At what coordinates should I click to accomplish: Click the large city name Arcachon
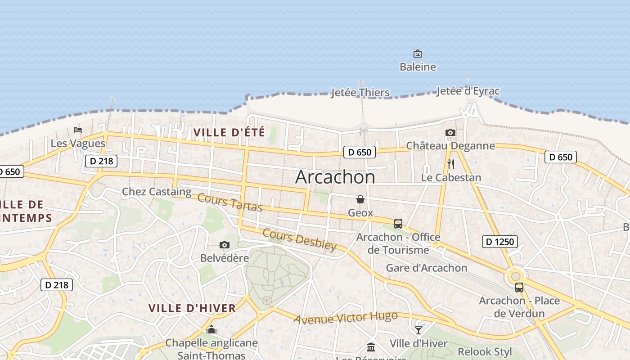(x=335, y=177)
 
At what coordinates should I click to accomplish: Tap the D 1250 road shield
(x=500, y=242)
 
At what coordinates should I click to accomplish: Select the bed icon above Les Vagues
(x=78, y=130)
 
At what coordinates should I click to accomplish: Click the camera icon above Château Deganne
(x=450, y=132)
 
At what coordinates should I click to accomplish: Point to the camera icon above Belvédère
(x=224, y=245)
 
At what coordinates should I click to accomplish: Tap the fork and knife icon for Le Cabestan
(x=451, y=164)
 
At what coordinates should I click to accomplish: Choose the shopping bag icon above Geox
(x=360, y=199)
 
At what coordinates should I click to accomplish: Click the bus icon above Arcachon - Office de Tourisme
(x=398, y=223)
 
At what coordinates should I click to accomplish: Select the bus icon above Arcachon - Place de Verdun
(x=519, y=288)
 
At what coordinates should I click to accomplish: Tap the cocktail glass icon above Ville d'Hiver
(x=418, y=330)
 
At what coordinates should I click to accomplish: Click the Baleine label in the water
(x=418, y=67)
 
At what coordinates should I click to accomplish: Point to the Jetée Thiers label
(x=360, y=93)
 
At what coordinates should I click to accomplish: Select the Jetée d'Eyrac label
(x=468, y=91)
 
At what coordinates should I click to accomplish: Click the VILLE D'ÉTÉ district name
(x=229, y=133)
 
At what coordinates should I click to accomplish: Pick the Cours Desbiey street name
(x=299, y=239)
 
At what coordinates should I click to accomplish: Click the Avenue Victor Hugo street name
(x=346, y=317)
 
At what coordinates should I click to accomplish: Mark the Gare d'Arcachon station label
(x=427, y=268)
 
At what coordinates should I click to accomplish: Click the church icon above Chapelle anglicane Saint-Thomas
(x=211, y=330)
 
